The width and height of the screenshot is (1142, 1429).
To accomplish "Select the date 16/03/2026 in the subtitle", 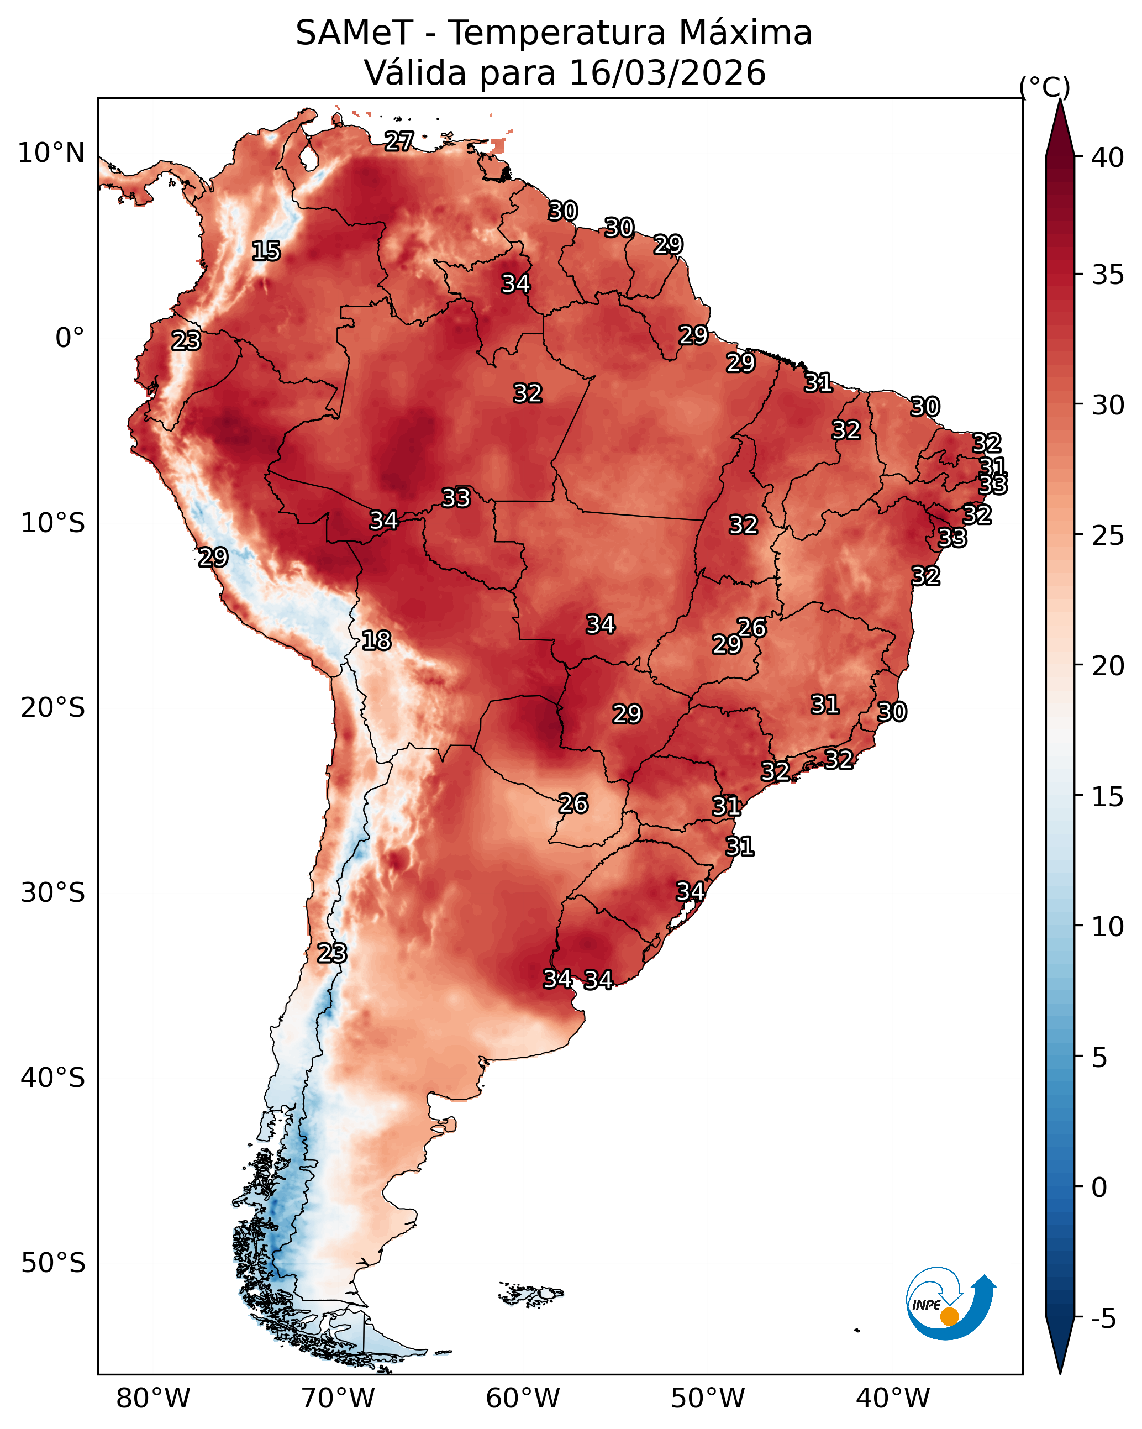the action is point(667,73).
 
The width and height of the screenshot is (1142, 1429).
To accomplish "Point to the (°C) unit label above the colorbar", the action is point(1045,87).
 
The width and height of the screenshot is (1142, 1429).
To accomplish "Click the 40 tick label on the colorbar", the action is point(1108,157).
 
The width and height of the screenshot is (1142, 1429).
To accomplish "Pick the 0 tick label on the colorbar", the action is point(1099,1188).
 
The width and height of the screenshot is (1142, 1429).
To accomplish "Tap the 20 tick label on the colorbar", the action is point(1108,665).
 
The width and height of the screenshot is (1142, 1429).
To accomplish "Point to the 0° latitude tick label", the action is point(70,338).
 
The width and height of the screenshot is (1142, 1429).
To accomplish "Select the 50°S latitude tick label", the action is point(53,1263).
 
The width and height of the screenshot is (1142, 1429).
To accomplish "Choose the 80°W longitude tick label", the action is point(153,1399).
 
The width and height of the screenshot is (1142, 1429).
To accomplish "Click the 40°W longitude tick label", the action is point(893,1399).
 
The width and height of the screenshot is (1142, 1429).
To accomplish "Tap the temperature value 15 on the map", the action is point(266,251).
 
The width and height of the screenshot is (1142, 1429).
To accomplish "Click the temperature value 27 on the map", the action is point(399,141).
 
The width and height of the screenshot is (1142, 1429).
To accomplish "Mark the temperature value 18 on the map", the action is point(376,641).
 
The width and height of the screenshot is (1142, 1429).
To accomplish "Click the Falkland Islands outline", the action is point(531,1294).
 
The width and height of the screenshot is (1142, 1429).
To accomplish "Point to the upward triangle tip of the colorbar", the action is point(1060,99).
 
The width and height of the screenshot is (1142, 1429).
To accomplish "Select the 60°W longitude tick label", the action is point(523,1399).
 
